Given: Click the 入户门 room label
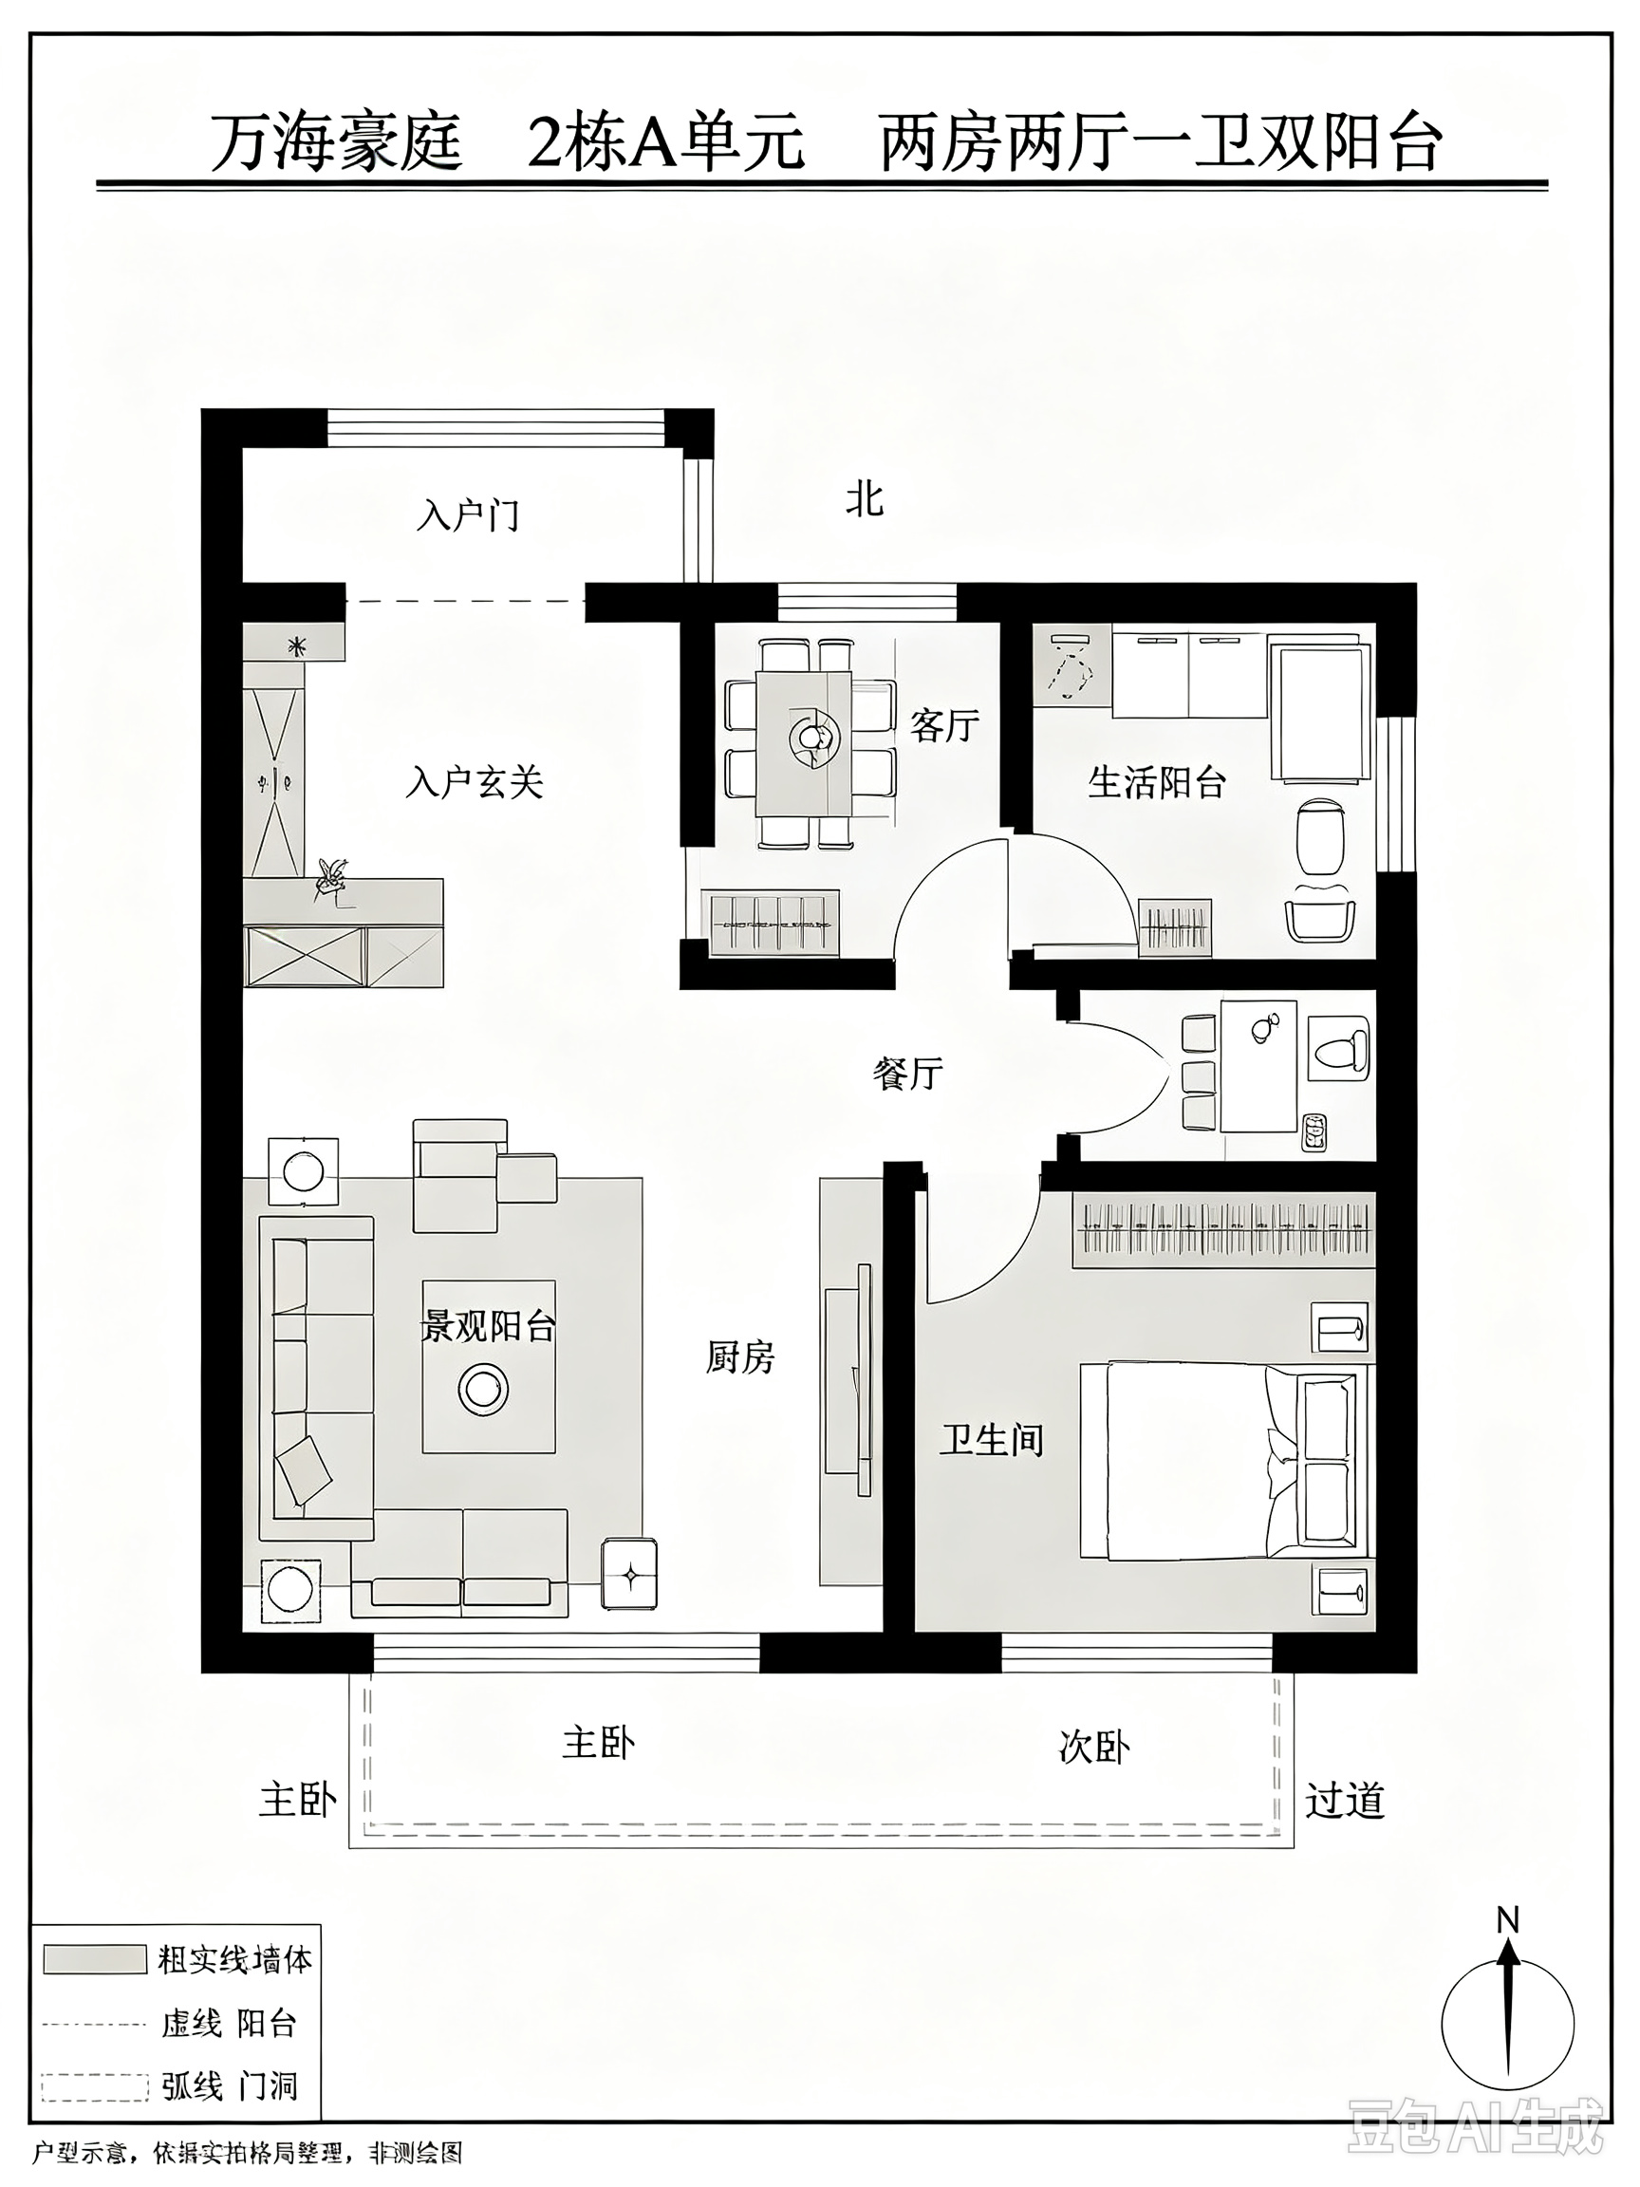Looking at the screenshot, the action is tap(468, 515).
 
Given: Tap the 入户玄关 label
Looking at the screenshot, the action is tap(475, 782).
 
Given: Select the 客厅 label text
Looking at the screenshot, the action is tap(944, 726).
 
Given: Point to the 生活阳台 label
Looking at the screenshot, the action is tap(1157, 782).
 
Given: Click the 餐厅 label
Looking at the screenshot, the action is tap(907, 1073).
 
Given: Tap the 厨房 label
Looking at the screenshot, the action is tap(740, 1357).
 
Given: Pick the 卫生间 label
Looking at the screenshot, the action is tap(992, 1440).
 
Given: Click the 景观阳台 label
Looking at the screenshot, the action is tap(489, 1327).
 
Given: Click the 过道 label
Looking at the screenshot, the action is tap(1345, 1801).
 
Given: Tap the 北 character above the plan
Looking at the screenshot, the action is tap(864, 499).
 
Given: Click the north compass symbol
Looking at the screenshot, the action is tap(1507, 2007).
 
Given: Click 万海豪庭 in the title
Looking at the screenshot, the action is tap(336, 142).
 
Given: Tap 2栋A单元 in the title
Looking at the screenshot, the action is tap(666, 142).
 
